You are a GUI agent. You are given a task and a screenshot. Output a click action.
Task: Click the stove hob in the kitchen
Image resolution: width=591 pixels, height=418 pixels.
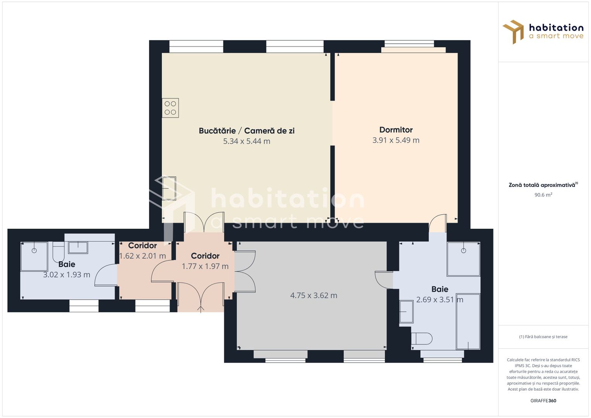pyautogui.click(x=170, y=108)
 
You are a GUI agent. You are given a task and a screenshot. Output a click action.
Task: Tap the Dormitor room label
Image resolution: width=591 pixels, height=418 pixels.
pyautogui.click(x=396, y=130)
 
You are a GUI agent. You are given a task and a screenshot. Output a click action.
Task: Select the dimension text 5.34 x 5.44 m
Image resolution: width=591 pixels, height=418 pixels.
pyautogui.click(x=247, y=141)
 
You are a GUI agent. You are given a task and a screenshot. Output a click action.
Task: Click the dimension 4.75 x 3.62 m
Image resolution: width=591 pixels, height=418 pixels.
pyautogui.click(x=313, y=295)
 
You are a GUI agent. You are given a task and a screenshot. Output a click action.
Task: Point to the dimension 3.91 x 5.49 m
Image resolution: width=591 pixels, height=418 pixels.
pyautogui.click(x=396, y=140)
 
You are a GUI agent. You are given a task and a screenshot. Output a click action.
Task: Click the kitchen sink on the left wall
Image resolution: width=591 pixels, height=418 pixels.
pyautogui.click(x=169, y=188)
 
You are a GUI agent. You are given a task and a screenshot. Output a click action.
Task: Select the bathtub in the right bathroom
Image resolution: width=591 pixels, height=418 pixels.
pyautogui.click(x=468, y=321)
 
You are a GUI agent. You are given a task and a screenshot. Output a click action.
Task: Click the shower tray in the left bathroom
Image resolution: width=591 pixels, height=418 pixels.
pyautogui.click(x=34, y=256)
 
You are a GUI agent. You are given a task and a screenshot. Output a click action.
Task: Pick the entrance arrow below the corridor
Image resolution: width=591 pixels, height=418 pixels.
pyautogui.click(x=200, y=309)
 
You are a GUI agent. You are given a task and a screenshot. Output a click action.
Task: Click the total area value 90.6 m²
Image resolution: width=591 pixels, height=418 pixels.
pyautogui.click(x=543, y=195)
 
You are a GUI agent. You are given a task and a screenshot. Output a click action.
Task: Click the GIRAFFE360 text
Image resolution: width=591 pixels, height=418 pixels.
pyautogui.click(x=543, y=401)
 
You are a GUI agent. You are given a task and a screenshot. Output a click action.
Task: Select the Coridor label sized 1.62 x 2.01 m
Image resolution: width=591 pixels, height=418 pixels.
pyautogui.click(x=142, y=246)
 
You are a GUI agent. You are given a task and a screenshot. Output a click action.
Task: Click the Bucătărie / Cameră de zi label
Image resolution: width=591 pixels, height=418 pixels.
pyautogui.click(x=247, y=131)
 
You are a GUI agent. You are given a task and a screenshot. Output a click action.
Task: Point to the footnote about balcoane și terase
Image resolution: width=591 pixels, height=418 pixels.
pyautogui.click(x=543, y=337)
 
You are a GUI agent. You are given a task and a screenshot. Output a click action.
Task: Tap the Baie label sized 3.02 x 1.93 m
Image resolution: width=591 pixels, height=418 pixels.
pyautogui.click(x=67, y=264)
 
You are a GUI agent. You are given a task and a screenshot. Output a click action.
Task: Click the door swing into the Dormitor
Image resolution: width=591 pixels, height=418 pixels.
pyautogui.click(x=438, y=223)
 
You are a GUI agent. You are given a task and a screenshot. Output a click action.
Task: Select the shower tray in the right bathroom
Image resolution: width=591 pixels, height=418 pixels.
pyautogui.click(x=463, y=259)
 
